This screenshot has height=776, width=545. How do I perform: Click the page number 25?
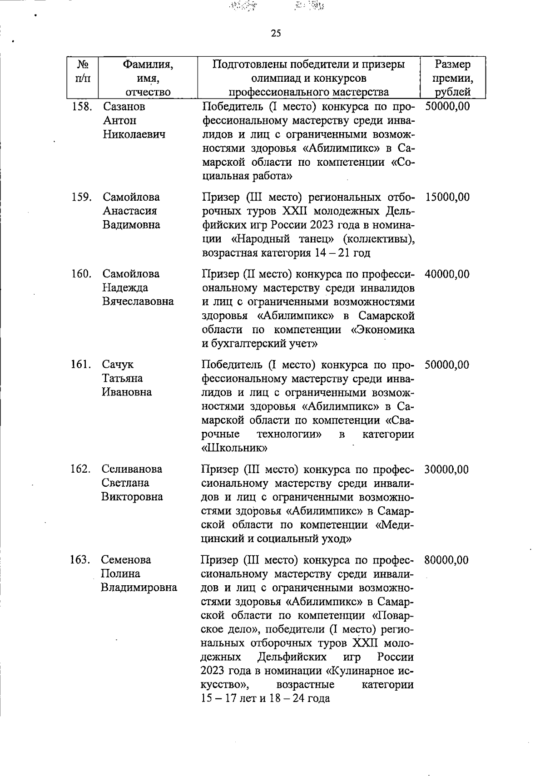pos(276,33)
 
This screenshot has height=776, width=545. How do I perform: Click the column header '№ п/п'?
pos(83,71)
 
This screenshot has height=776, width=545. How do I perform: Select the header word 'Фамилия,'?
pos(148,64)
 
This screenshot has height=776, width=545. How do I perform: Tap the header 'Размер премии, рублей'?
pos(453,78)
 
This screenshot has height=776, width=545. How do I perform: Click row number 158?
pos(82,107)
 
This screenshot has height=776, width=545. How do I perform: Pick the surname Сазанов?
pos(124,107)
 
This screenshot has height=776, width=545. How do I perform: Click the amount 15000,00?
pos(447,198)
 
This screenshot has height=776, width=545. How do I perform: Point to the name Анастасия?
pos(129,211)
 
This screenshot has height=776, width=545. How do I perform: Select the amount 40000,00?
pos(447,274)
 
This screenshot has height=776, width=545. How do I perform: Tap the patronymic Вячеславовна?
pos(138,302)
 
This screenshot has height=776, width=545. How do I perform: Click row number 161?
pos(82,365)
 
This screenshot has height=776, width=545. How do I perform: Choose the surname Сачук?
pos(118,365)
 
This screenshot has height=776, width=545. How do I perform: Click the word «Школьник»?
pos(234,448)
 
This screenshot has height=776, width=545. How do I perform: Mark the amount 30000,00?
pos(447,469)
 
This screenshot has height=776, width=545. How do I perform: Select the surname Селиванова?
pos(131,469)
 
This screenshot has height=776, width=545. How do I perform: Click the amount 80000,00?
pos(447,560)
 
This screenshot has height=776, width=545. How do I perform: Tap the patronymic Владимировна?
pos(139,588)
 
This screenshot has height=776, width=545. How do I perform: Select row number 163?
pos(81,560)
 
